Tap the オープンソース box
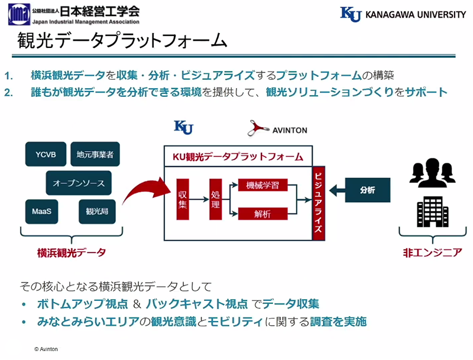[79, 183]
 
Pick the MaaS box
[42, 211]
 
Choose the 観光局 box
[95, 211]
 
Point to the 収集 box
[183, 199]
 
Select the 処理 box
[215, 199]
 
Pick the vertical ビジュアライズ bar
[319, 202]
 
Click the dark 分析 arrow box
[362, 190]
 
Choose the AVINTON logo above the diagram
[278, 128]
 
